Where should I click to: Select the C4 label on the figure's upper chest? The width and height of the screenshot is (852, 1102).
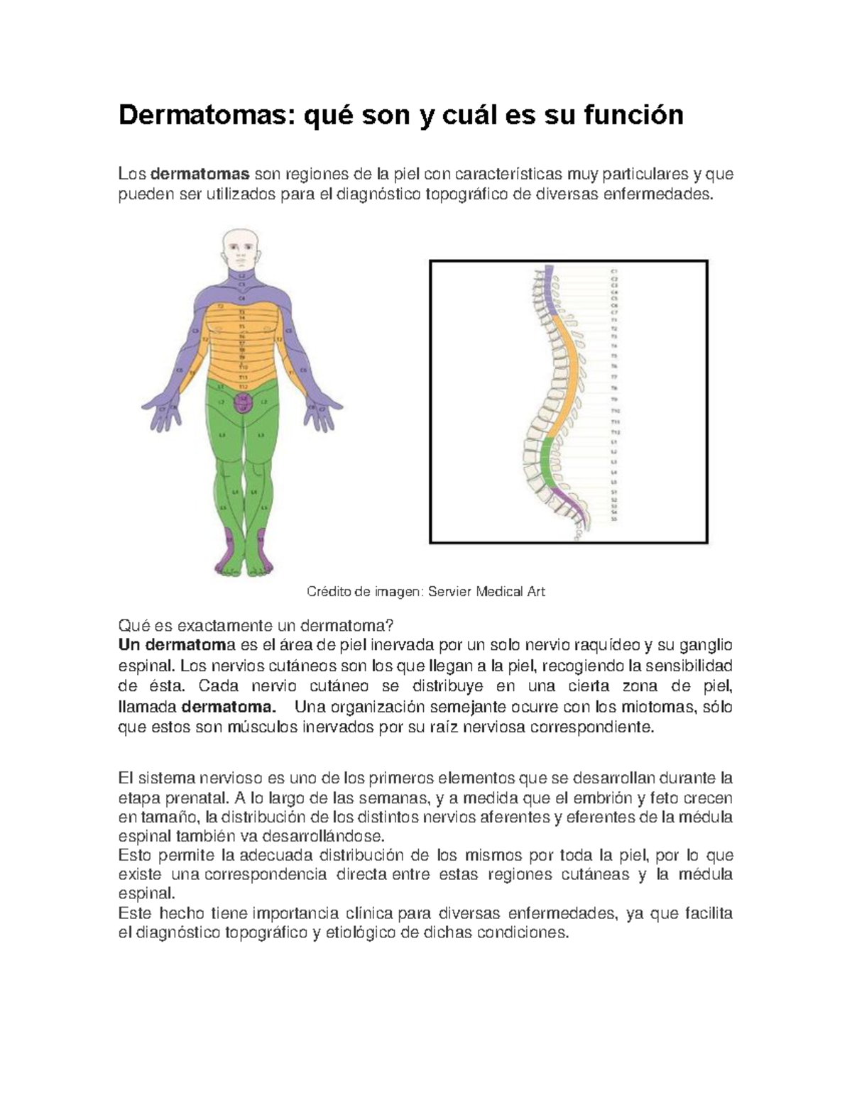pos(242,298)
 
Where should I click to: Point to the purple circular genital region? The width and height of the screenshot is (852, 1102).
pos(243,402)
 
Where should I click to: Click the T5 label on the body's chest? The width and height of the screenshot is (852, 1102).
pos(242,326)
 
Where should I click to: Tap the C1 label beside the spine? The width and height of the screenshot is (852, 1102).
pos(615,272)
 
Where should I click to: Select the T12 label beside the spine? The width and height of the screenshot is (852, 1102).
pos(616,431)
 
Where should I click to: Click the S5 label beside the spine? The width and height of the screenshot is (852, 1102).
pos(615,519)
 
